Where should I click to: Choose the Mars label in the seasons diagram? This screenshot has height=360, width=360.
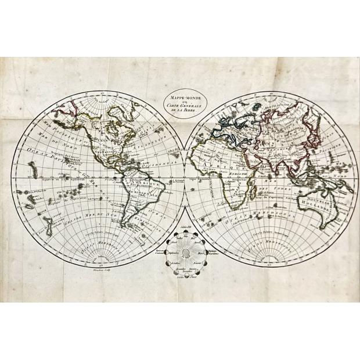(x=201, y=253)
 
